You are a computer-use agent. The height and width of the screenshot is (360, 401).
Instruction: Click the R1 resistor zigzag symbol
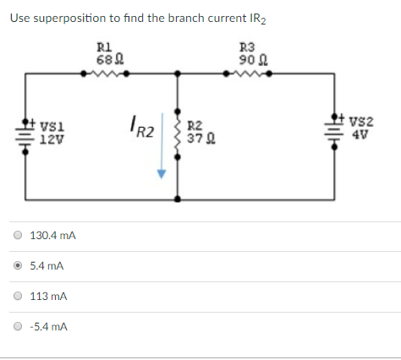coord(105,74)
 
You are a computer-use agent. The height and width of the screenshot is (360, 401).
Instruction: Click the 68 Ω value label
coord(105,58)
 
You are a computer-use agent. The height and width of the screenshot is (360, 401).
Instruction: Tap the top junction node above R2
coord(177,74)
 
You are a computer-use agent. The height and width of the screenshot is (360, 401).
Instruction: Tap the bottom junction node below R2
coord(177,200)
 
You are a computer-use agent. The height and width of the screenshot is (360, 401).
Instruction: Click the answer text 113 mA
coord(48,297)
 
